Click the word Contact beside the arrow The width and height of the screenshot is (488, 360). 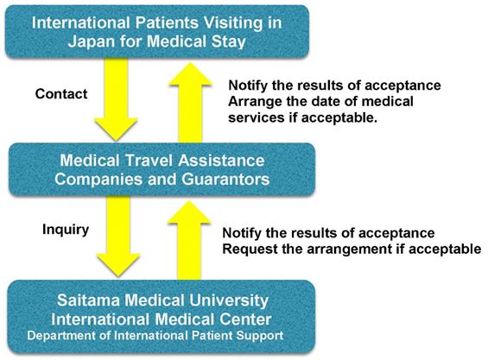click(x=61, y=93)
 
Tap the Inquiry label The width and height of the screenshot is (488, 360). click(x=66, y=230)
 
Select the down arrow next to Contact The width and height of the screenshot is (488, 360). click(x=116, y=99)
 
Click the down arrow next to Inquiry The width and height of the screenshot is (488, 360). click(x=118, y=237)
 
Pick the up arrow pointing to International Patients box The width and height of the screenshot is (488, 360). click(x=190, y=103)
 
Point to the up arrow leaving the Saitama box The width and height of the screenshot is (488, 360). click(x=189, y=240)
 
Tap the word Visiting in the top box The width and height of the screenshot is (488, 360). click(x=233, y=23)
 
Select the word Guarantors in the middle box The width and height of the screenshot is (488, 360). click(x=225, y=180)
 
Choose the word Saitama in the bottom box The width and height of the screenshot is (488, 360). click(x=88, y=300)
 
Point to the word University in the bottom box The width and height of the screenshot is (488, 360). click(x=228, y=301)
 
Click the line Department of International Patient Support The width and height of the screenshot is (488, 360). click(x=155, y=336)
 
